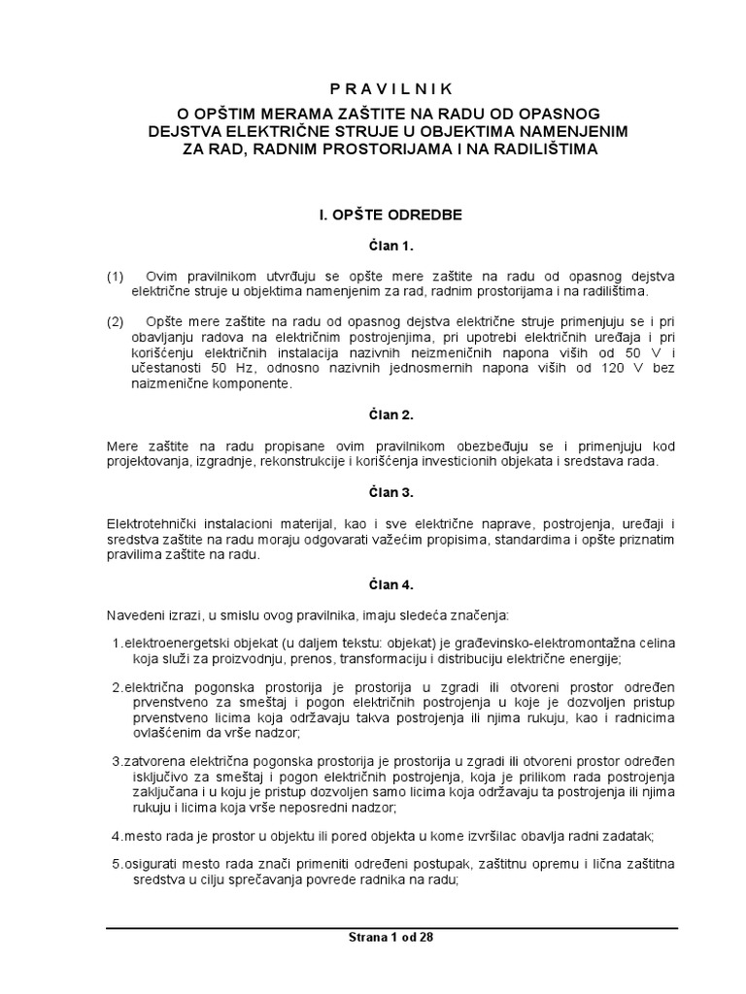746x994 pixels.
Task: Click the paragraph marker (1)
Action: coord(116,277)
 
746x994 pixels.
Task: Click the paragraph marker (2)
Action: coord(116,321)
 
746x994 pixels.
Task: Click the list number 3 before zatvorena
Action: coord(116,760)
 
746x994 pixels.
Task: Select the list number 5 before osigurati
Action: coord(116,865)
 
